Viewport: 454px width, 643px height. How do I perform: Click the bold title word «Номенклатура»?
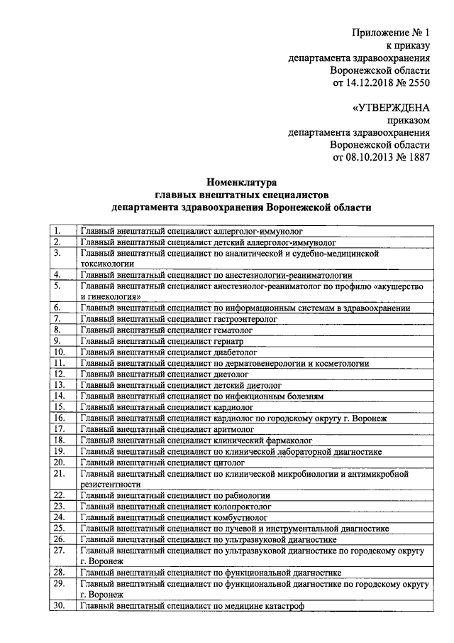(x=240, y=183)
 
